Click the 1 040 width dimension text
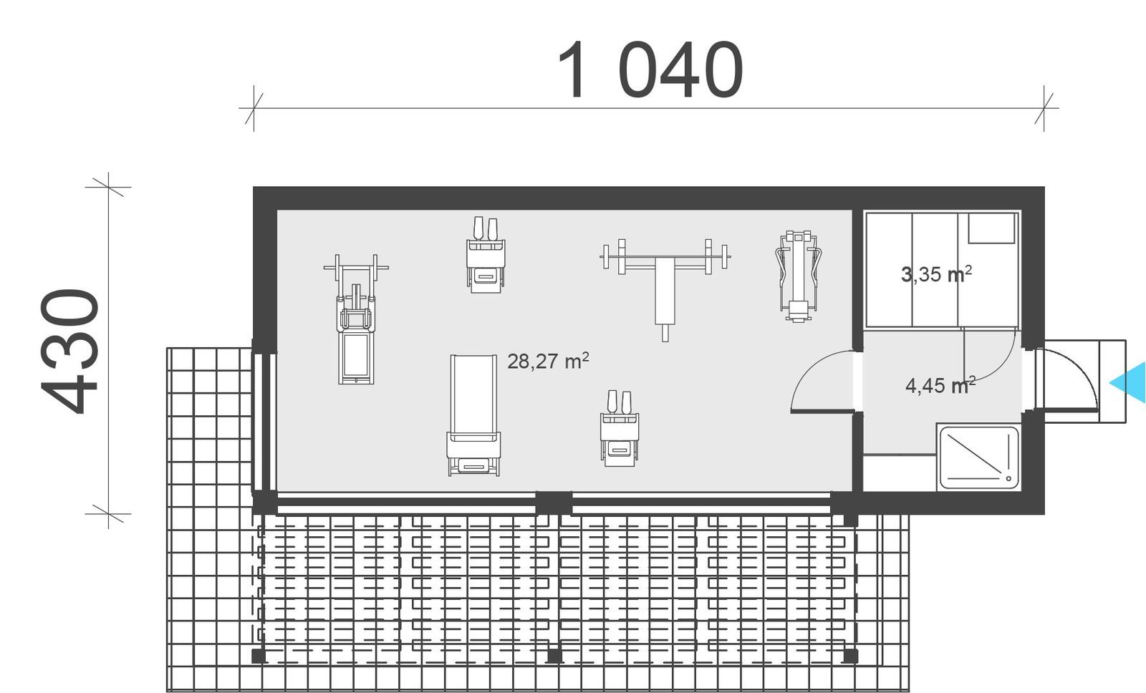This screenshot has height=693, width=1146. (x=650, y=70)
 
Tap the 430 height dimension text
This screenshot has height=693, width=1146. (x=69, y=351)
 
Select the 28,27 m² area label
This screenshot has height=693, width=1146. (x=548, y=361)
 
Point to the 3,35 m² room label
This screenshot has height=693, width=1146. (x=936, y=273)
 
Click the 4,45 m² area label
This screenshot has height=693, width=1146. (x=940, y=386)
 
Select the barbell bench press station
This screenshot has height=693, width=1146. (x=665, y=276)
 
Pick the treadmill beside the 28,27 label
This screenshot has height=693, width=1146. (x=473, y=415)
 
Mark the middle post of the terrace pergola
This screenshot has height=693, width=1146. (x=554, y=655)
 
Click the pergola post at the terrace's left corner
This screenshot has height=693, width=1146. (x=258, y=655)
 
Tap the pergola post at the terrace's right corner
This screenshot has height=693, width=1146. (x=850, y=655)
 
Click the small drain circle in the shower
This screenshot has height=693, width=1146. (x=1008, y=478)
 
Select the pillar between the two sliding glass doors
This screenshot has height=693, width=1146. (x=554, y=502)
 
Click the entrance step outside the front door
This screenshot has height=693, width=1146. (x=1112, y=381)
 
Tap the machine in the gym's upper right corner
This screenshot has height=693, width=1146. (x=798, y=276)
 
